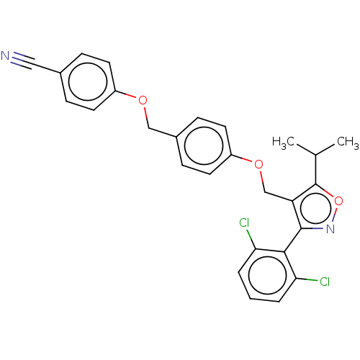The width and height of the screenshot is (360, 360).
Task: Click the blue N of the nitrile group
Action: [x=6, y=55]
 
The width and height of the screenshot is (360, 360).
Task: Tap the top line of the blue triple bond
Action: [x=19, y=56]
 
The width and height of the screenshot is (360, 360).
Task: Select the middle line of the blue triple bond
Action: [x=19, y=60]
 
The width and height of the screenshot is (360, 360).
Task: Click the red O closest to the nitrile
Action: [x=143, y=100]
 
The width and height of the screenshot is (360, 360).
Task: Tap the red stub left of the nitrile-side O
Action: [x=131, y=96]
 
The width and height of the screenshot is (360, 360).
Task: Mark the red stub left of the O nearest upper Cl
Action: [x=248, y=158]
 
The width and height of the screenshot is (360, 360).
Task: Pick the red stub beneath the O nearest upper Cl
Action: [x=261, y=176]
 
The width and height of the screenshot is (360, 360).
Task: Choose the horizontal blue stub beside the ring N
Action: [x=318, y=228]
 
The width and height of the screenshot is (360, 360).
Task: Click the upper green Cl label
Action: [x=245, y=223]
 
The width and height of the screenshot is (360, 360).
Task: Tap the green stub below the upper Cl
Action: [x=249, y=236]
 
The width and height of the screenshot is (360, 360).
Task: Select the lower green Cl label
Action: [x=324, y=282]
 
